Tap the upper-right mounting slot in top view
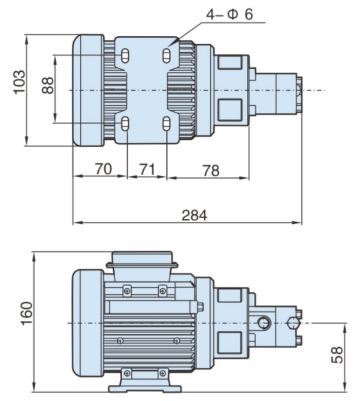pyautogui.click(x=165, y=53)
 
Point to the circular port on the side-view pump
pyautogui.click(x=264, y=322)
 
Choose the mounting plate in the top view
pyautogui.click(x=147, y=88)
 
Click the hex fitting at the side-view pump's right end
pyautogui.click(x=294, y=322)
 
